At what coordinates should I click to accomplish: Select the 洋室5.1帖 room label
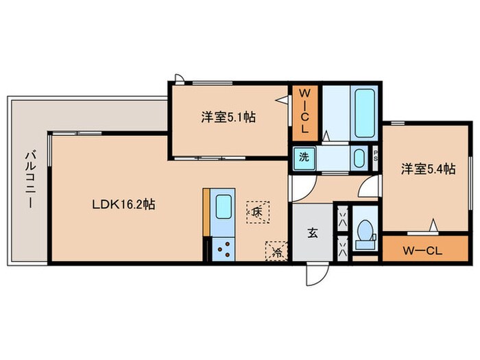pos(228,117)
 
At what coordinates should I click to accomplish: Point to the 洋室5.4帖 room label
pos(428,169)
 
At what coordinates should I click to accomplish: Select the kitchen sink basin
pos(224,206)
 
